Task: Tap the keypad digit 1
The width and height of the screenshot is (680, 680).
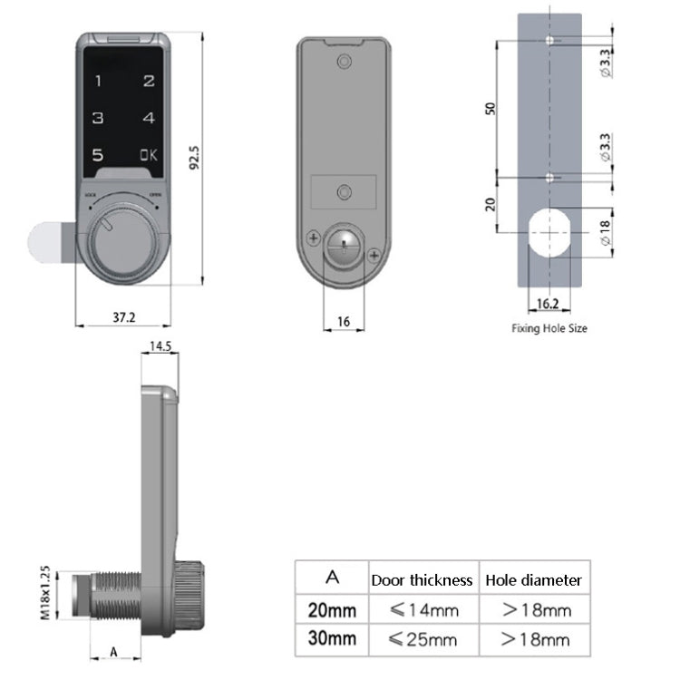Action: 98,81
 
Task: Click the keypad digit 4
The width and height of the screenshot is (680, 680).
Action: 149,118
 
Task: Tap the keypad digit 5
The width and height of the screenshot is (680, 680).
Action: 98,155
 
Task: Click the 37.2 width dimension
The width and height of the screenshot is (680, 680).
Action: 124,316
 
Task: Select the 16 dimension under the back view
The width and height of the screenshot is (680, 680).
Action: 344,322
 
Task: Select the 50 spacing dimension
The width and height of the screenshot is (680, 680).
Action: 491,108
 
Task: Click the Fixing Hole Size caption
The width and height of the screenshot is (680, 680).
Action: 549,328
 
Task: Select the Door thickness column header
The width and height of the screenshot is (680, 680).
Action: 422,579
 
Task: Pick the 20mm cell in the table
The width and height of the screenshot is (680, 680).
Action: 332,610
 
